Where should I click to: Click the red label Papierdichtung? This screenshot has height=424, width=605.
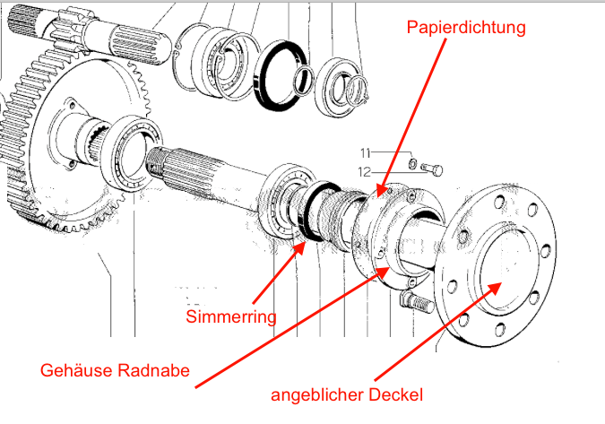pos(464,27)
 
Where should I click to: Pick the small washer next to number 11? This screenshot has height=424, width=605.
pos(411,165)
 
